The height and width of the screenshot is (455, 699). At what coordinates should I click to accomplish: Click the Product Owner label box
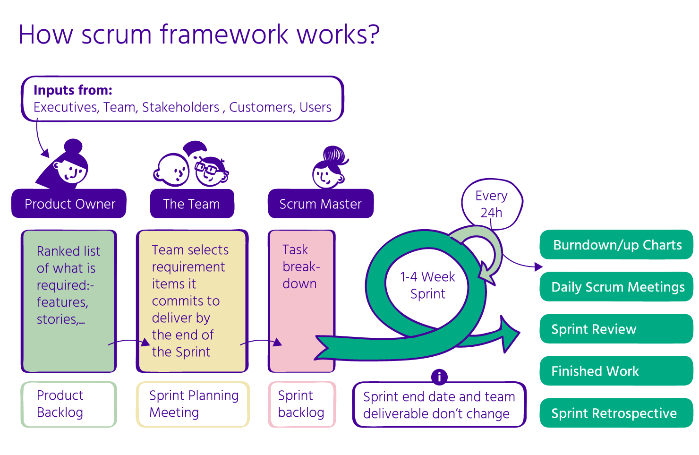[x=69, y=204]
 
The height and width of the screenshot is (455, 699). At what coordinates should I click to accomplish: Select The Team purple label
[x=192, y=204]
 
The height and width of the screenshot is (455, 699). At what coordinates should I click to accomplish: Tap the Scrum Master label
[x=320, y=204]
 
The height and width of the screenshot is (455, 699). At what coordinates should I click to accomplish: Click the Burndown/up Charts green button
[x=616, y=245]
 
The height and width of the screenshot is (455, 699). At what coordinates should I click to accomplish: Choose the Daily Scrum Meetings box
[x=616, y=287]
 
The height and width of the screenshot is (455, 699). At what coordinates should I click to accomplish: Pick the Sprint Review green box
[x=616, y=329]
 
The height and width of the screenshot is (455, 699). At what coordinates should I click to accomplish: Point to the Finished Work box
[x=616, y=371]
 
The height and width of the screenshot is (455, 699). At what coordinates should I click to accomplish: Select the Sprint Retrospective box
[x=616, y=413]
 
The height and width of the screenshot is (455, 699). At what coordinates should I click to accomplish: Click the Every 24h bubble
[x=492, y=204]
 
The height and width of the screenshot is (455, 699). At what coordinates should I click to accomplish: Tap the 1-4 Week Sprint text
[x=427, y=285]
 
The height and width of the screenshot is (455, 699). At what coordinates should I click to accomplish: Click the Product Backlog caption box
[x=68, y=404]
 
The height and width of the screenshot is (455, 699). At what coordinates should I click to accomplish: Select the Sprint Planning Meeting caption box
[x=193, y=404]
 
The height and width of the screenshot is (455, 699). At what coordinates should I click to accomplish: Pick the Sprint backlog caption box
[x=302, y=404]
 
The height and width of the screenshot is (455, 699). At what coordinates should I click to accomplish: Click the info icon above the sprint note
[x=439, y=377]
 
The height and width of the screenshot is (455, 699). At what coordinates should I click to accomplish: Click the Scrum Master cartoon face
[x=327, y=176]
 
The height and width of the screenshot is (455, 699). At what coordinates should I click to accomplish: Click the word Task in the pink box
[x=295, y=249]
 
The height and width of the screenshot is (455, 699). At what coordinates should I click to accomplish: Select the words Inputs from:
[x=73, y=90]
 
